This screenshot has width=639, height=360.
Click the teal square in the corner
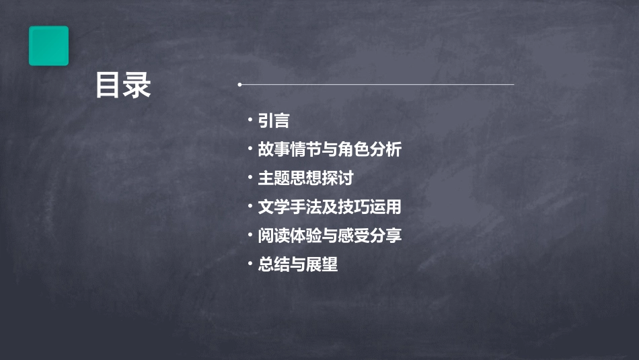click(x=48, y=46)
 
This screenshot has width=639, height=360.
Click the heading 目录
click(x=123, y=85)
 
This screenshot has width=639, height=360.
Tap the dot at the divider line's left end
click(x=239, y=85)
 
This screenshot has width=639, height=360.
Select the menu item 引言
click(x=274, y=120)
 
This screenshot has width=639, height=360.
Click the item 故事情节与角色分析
click(x=330, y=149)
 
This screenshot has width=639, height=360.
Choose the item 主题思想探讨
click(x=305, y=178)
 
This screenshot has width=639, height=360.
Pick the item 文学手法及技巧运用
click(x=330, y=207)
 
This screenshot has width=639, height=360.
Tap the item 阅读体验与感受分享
click(x=330, y=236)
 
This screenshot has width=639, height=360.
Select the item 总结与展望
click(x=298, y=264)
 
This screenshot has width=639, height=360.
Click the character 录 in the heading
click(x=137, y=85)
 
